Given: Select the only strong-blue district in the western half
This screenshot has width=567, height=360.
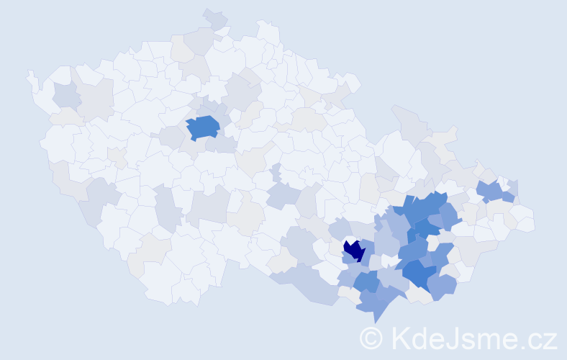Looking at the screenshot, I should point(204,127).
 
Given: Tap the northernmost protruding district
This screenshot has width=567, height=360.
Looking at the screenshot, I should point(214,17).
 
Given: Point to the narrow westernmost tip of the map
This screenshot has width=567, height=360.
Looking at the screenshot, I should point(30,75).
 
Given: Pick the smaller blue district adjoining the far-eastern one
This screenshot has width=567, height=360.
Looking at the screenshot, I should point(509,197).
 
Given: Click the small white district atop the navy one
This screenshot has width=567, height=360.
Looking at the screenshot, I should point(350,239).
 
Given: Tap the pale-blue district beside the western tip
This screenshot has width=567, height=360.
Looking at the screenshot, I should point(65,94).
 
